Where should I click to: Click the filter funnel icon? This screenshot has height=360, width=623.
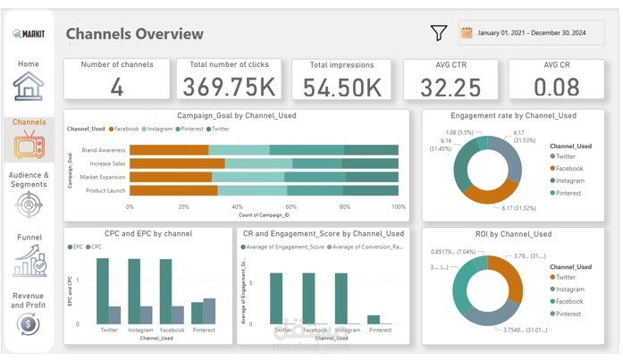click(x=438, y=33)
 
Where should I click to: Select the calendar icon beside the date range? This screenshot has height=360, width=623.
click(x=467, y=33)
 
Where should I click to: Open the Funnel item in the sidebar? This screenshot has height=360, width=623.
click(x=29, y=260)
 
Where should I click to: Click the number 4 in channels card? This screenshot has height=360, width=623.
click(x=117, y=86)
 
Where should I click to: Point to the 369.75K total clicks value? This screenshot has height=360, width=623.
click(x=229, y=87)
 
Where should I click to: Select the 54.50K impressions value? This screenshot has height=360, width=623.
click(x=342, y=87)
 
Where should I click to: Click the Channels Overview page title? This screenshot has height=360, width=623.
click(x=135, y=34)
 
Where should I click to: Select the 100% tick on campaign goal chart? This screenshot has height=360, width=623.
click(x=399, y=206)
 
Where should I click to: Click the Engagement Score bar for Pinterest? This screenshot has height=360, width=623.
click(x=374, y=318)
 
